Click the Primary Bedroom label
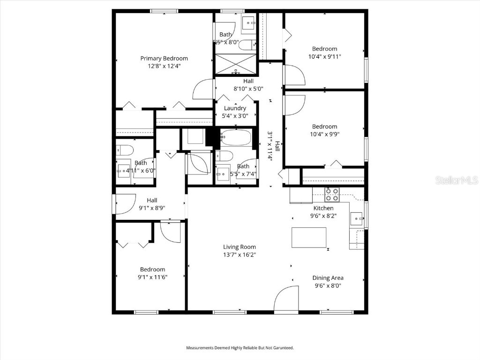click(164, 58)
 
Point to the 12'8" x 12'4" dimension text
click(164, 66)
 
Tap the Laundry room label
click(235, 108)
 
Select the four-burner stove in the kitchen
click(332, 194)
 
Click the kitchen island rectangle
click(309, 237)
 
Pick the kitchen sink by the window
click(357, 218)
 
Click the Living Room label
click(239, 247)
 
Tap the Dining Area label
click(328, 278)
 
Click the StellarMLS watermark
click(456, 180)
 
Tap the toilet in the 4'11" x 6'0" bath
click(126, 150)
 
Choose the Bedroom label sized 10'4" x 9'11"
click(324, 49)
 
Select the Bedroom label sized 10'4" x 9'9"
click(324, 127)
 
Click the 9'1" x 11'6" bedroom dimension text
click(152, 277)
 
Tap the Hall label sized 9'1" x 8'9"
click(152, 200)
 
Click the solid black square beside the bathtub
click(212, 137)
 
